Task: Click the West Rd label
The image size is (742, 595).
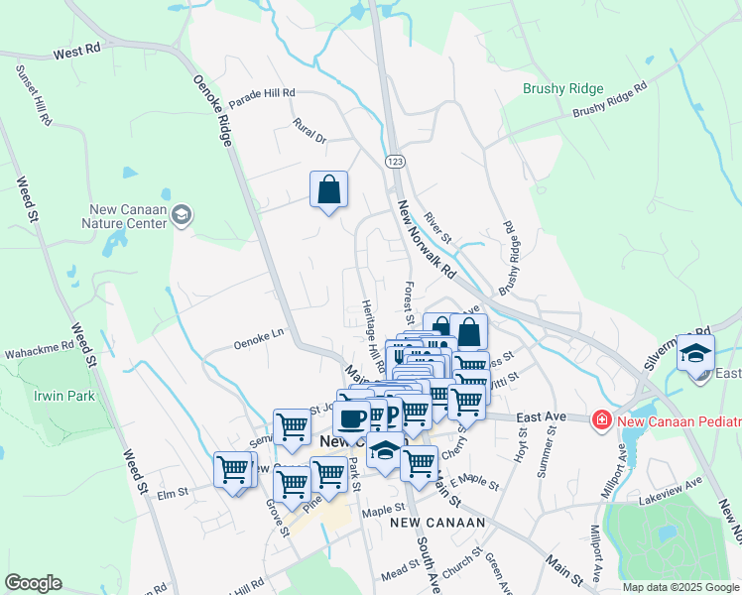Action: (x=78, y=51)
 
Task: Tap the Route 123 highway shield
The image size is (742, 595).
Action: (x=394, y=161)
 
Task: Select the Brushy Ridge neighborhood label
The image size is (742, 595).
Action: (x=562, y=88)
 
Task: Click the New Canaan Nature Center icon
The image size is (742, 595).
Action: (x=182, y=214)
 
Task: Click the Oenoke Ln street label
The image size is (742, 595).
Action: (x=258, y=344)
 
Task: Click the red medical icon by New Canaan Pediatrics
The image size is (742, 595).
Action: (x=600, y=421)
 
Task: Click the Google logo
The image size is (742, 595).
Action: (x=33, y=583)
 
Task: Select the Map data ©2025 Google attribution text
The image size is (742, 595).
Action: (x=680, y=587)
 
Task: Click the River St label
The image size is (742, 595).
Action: (x=437, y=229)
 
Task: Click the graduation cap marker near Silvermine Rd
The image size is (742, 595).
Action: (x=696, y=354)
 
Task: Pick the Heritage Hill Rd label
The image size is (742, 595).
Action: (x=371, y=332)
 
